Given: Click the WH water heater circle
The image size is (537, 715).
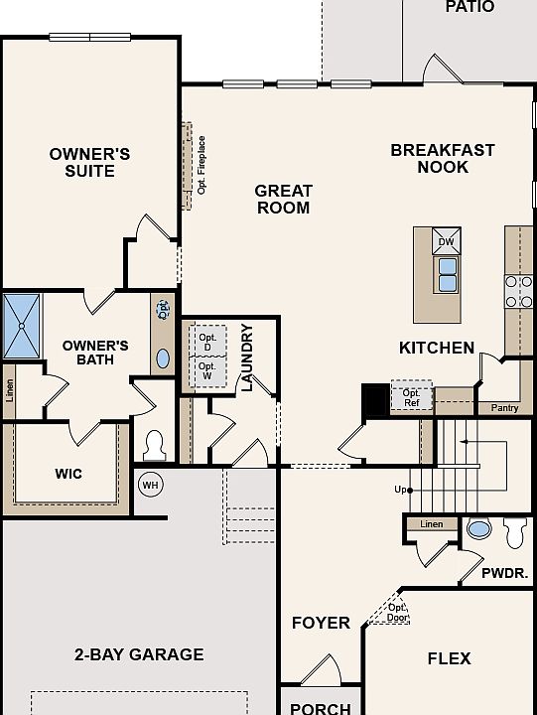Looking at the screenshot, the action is pyautogui.click(x=151, y=485).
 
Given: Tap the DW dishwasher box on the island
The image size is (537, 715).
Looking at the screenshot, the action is pyautogui.click(x=447, y=240).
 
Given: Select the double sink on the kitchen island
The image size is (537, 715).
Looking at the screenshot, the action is pyautogui.click(x=448, y=274).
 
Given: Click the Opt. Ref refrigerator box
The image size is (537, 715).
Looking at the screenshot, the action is pyautogui.click(x=412, y=397).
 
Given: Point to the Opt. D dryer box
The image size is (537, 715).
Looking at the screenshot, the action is pyautogui.click(x=207, y=341).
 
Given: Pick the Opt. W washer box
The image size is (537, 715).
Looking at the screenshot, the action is pyautogui.click(x=207, y=371).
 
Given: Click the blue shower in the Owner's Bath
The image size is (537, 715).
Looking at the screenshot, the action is pyautogui.click(x=22, y=326).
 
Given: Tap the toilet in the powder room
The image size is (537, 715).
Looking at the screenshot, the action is pyautogui.click(x=514, y=532).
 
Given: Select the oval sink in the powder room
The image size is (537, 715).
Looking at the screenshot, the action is pyautogui.click(x=479, y=529).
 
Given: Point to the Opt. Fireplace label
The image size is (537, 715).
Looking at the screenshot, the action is pyautogui.click(x=201, y=165).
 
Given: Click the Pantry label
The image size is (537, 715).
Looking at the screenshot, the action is pyautogui.click(x=504, y=408).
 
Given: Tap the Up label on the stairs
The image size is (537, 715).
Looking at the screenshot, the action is pyautogui.click(x=400, y=490).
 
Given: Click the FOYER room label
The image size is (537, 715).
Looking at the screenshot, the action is pyautogui.click(x=321, y=623).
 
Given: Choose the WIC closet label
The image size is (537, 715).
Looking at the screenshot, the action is pyautogui.click(x=68, y=474).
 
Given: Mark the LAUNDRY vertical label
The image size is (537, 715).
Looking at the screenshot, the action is pyautogui.click(x=246, y=357).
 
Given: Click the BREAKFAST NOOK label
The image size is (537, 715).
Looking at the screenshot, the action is pyautogui.click(x=443, y=158).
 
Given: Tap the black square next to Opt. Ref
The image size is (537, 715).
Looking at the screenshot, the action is pyautogui.click(x=376, y=399).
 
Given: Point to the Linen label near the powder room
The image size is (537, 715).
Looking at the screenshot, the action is pyautogui.click(x=431, y=524).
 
